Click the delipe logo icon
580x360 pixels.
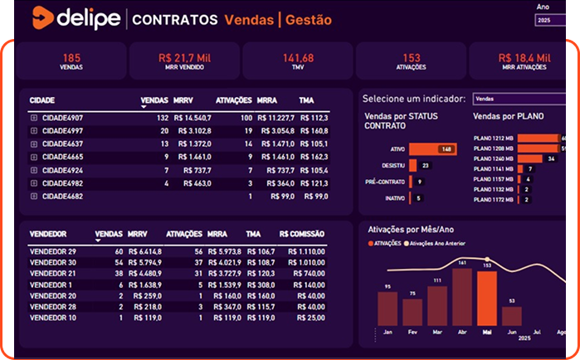coord(41,17)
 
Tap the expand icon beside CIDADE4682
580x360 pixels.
coord(34,196)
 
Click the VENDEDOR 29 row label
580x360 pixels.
coord(52,251)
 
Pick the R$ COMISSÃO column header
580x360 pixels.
coord(302,234)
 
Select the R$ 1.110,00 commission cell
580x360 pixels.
coord(307,251)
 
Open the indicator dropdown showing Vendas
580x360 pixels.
coord(519,98)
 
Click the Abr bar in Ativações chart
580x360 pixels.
coord(462,297)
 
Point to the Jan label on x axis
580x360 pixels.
coord(387,332)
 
